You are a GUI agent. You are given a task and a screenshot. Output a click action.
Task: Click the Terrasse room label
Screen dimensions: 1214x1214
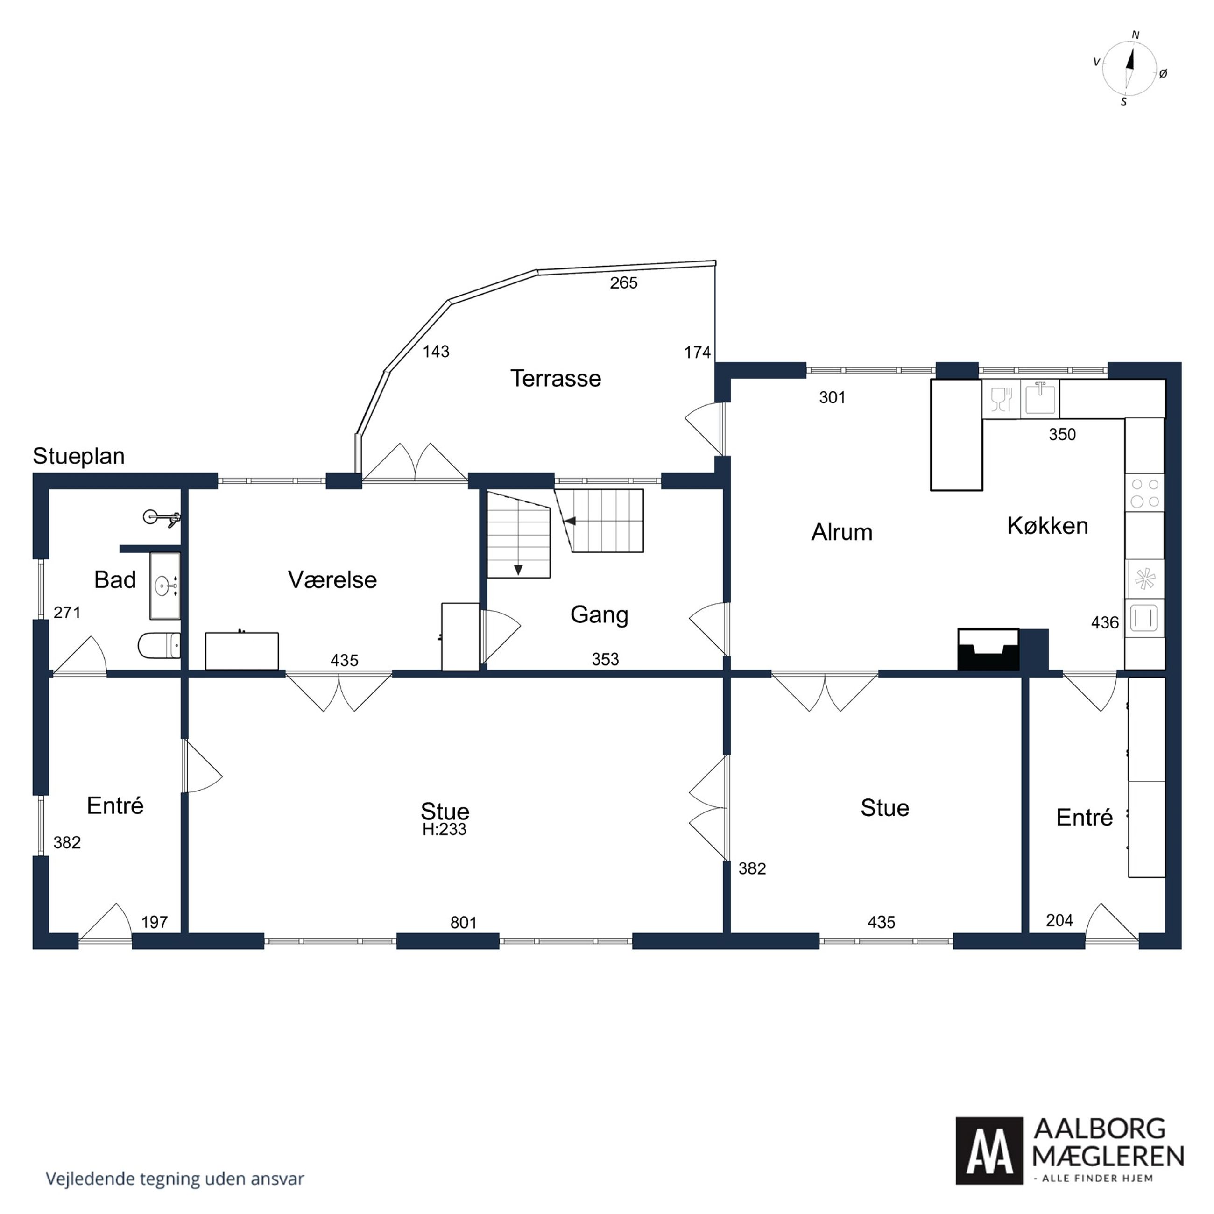(x=556, y=378)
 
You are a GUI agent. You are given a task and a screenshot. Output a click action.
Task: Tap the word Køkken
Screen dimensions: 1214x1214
(x=1047, y=525)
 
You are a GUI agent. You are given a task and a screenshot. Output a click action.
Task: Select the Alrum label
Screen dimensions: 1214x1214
(x=842, y=532)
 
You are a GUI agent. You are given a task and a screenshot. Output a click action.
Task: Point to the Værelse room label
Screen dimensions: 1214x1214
(x=332, y=579)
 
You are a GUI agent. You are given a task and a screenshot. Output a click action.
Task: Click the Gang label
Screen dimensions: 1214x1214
(x=600, y=614)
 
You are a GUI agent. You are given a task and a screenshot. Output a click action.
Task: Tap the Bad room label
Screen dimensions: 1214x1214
(x=115, y=579)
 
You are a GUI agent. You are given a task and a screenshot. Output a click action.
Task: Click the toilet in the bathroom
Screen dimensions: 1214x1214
(x=159, y=645)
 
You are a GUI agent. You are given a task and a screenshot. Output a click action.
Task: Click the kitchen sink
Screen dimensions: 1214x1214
(x=1040, y=399)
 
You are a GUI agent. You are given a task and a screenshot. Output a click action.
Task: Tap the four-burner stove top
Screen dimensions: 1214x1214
(x=1144, y=493)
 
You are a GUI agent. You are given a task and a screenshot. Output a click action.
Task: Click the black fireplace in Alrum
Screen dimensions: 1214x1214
(x=988, y=649)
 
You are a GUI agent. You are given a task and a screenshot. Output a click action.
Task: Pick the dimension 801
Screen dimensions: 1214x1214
(x=464, y=923)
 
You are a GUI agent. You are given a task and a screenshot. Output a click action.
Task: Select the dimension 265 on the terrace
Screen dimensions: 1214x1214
(x=623, y=283)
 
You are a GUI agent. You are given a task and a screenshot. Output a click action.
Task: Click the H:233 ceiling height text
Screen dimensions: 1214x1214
(x=444, y=829)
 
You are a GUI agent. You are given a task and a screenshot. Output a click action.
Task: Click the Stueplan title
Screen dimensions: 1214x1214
(x=78, y=456)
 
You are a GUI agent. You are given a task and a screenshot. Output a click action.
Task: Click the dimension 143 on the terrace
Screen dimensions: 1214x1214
(x=436, y=352)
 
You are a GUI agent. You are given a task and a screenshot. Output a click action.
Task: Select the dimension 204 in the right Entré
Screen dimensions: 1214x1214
(x=1059, y=921)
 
